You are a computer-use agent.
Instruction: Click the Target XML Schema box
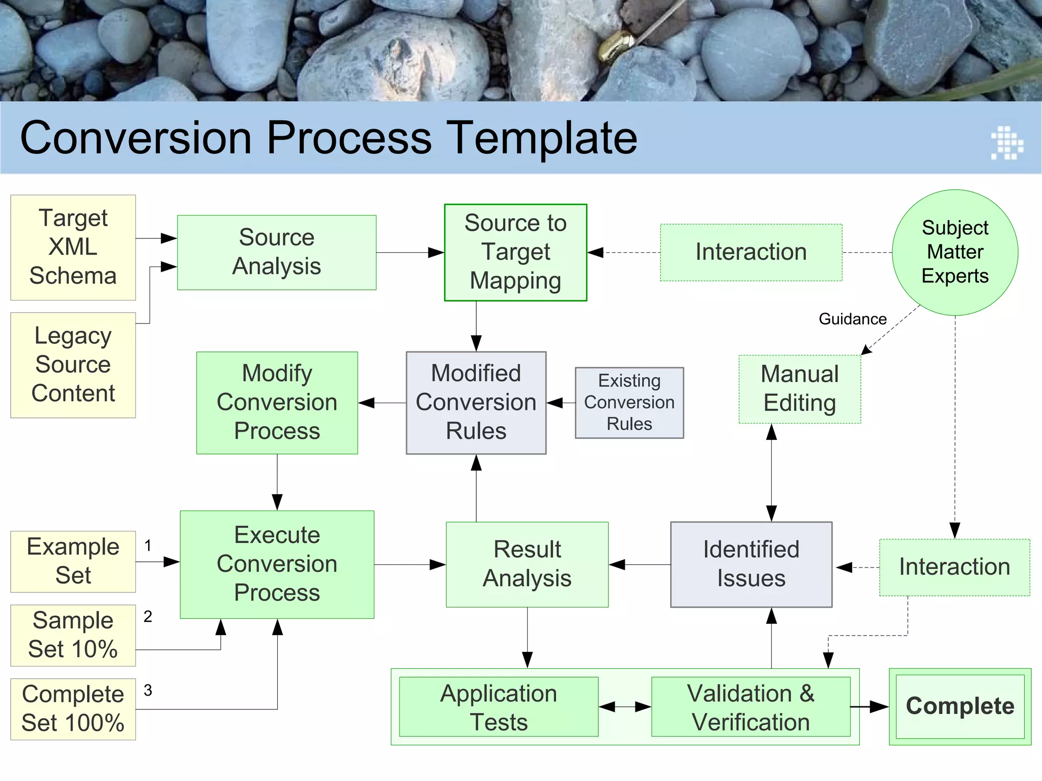(73, 247)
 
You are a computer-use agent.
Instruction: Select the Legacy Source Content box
(73, 365)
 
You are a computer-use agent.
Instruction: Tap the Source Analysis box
(276, 252)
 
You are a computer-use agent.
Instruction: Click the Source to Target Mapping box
(515, 252)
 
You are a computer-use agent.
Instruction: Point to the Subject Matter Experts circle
(954, 252)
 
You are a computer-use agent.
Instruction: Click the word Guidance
(852, 319)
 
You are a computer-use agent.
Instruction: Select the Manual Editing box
(799, 389)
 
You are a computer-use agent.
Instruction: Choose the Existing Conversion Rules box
(629, 402)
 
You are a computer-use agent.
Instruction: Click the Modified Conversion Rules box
(476, 402)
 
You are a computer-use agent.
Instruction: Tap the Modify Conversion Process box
(277, 402)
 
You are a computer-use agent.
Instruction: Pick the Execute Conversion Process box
(277, 564)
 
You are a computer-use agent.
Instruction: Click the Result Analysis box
(527, 564)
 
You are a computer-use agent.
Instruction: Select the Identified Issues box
(751, 564)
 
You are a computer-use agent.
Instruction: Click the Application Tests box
(499, 706)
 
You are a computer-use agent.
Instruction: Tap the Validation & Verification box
(750, 706)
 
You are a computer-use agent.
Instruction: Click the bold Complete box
(960, 706)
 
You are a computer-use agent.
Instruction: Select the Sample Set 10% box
(73, 635)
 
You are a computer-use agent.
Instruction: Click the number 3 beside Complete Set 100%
(148, 690)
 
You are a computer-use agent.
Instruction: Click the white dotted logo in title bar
(1007, 143)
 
